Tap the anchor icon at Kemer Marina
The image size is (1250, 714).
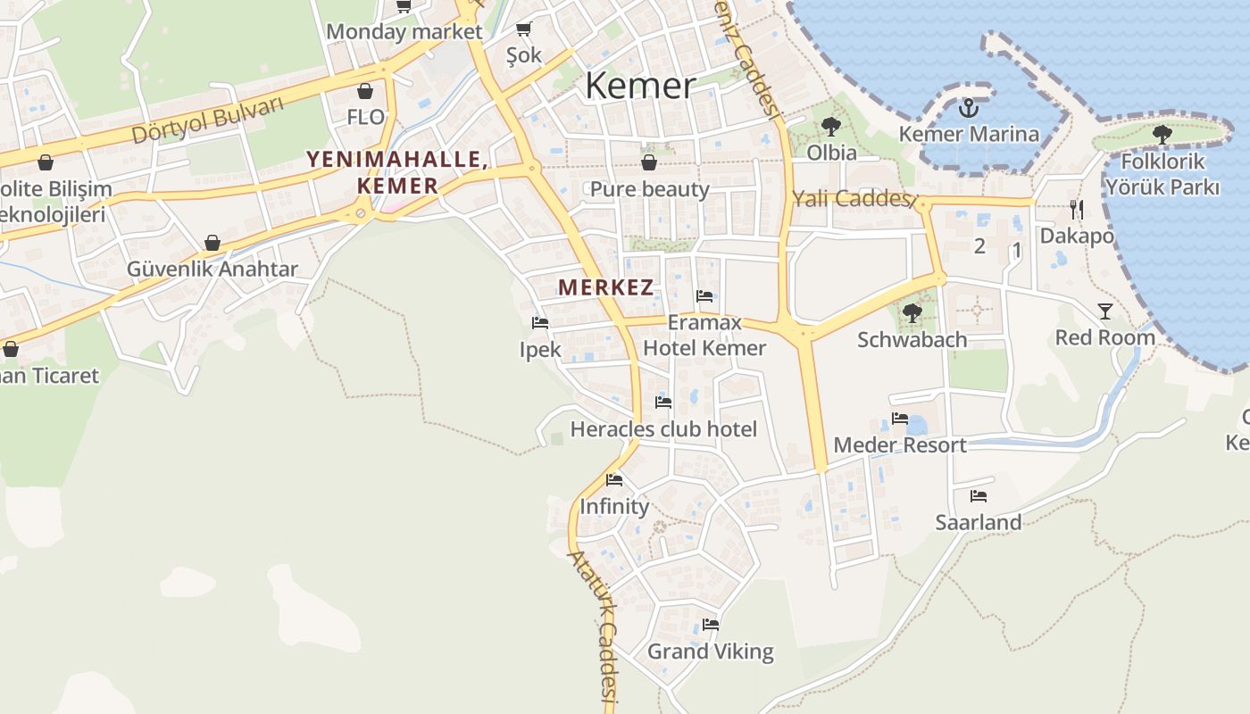pyautogui.click(x=968, y=109)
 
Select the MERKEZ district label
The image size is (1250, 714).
pyautogui.click(x=606, y=287)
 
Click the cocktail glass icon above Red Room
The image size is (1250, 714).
pyautogui.click(x=1105, y=311)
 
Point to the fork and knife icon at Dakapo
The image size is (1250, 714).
pyautogui.click(x=1077, y=209)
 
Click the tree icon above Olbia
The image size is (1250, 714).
pyautogui.click(x=831, y=126)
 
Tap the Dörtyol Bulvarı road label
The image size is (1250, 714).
pyautogui.click(x=207, y=120)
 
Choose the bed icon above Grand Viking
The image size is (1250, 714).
pyautogui.click(x=711, y=625)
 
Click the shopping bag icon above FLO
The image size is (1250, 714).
pyautogui.click(x=365, y=91)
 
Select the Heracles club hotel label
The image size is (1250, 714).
pyautogui.click(x=663, y=429)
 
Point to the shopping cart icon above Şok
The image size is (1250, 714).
pyautogui.click(x=524, y=29)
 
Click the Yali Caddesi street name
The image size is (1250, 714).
pyautogui.click(x=850, y=199)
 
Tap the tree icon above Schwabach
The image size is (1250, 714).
pyautogui.click(x=912, y=312)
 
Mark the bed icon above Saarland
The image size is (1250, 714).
pyautogui.click(x=979, y=495)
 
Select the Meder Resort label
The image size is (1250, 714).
pyautogui.click(x=900, y=445)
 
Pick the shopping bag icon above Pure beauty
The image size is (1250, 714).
pyautogui.click(x=649, y=162)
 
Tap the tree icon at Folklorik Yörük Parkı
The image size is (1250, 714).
pyautogui.click(x=1162, y=135)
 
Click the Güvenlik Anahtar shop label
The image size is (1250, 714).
pyautogui.click(x=212, y=270)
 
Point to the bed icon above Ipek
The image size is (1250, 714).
pyautogui.click(x=540, y=323)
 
